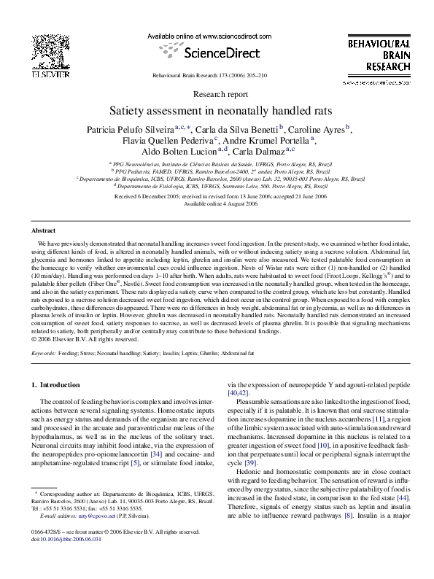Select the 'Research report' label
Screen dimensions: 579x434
click(217, 95)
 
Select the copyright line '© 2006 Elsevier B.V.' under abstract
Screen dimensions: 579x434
click(75, 339)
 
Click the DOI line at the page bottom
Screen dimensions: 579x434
click(63, 560)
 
